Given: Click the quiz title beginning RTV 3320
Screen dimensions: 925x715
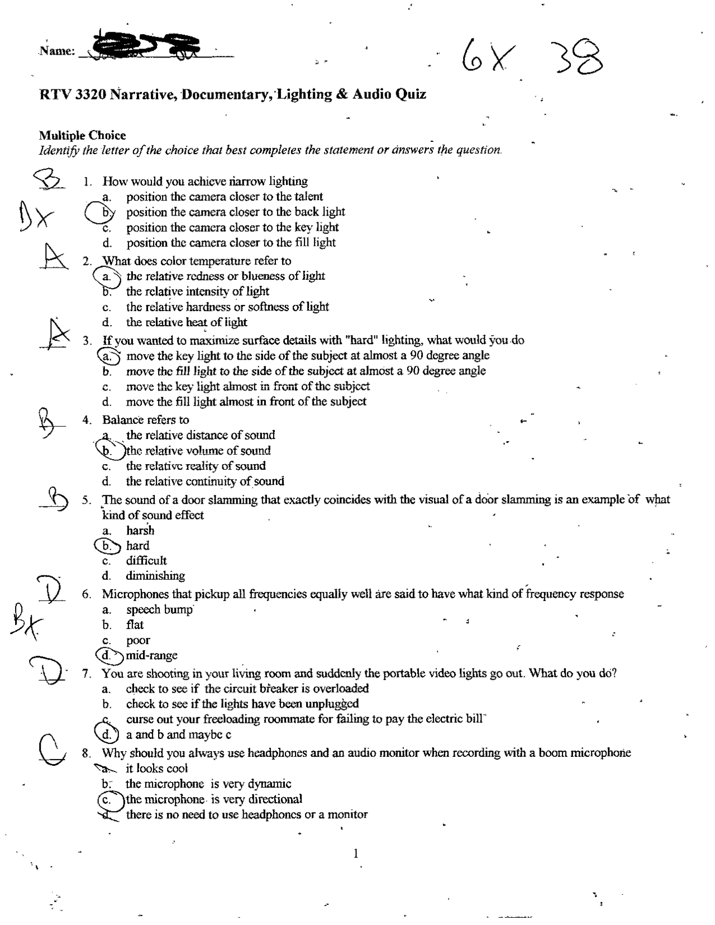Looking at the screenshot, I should click(232, 94).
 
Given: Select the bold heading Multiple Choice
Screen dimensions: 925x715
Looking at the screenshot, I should click(82, 135).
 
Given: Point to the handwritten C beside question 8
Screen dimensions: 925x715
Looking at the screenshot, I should click(51, 750).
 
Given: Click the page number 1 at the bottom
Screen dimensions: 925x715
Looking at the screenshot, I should click(356, 853).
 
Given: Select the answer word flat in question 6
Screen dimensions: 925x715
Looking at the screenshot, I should click(135, 624).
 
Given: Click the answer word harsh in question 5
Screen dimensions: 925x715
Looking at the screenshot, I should click(140, 531).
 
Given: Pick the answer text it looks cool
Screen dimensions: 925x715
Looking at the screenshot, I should click(156, 769).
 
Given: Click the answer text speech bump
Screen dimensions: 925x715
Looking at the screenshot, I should click(159, 609).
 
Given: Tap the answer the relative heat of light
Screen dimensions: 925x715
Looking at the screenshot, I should click(186, 322).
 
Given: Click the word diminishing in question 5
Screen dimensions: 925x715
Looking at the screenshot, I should click(155, 576).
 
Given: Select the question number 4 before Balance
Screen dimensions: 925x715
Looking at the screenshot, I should click(87, 420).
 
